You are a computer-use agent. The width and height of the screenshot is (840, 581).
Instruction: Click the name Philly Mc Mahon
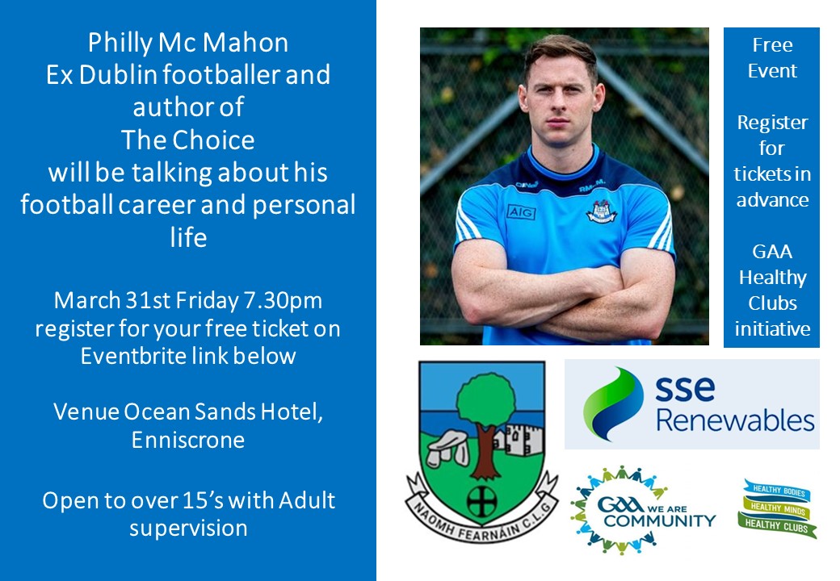tap(187, 41)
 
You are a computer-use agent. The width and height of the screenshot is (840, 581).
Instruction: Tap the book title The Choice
tap(187, 140)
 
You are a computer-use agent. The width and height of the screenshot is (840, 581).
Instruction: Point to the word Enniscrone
tap(187, 440)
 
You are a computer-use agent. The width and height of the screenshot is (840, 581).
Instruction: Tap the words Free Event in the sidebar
tap(771, 57)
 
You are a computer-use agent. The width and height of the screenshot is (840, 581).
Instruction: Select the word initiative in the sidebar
tap(771, 328)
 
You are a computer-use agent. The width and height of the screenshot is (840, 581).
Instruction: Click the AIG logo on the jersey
tap(521, 211)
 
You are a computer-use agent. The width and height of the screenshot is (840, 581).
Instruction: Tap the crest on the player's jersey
tap(600, 211)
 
